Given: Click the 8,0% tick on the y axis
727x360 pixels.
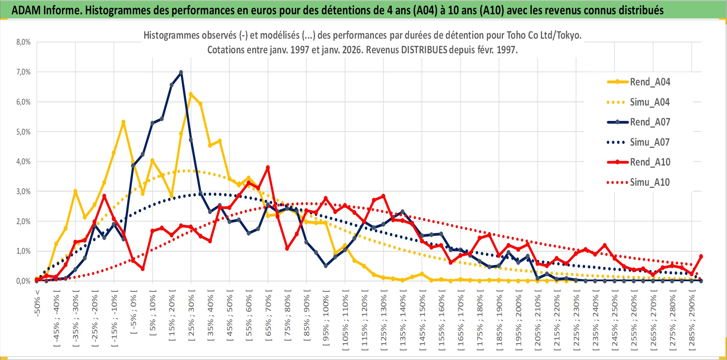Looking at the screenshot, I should tap(23, 42).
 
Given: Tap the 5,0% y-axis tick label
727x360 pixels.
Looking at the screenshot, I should tap(23, 132).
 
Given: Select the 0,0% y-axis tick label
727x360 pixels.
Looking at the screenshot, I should tap(23, 281).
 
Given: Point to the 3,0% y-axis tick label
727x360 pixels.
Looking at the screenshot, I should tap(23, 191).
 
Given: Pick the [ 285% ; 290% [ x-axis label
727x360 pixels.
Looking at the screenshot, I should tap(692, 322).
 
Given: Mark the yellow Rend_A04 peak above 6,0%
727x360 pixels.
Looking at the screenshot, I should tap(191, 94).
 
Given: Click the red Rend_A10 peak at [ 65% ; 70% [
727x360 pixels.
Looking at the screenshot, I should tap(268, 168).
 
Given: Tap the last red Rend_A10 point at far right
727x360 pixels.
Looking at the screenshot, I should tap(701, 256).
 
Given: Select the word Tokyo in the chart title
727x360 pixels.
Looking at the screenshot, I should tap(568, 35).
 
